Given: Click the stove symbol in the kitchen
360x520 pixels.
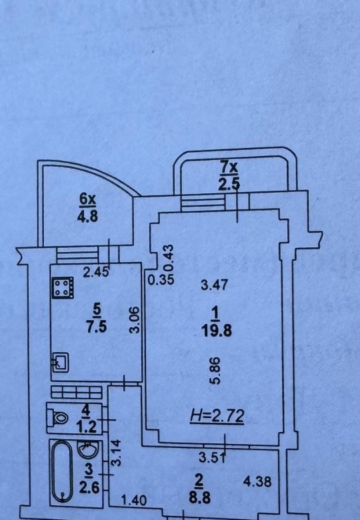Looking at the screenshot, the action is tap(63, 288).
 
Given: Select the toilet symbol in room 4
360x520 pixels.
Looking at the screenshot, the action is tap(57, 417).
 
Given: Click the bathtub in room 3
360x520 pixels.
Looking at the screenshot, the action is tap(62, 471).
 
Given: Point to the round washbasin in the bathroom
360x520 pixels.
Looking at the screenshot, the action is tap(88, 449).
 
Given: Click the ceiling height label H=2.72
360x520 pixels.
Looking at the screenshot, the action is tap(217, 415).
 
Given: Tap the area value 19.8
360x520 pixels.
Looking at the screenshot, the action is tap(217, 330).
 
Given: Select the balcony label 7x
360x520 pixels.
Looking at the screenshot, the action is tap(229, 169).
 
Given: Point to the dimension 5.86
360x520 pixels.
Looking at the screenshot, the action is tap(215, 371).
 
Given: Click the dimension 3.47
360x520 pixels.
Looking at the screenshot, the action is tap(215, 285).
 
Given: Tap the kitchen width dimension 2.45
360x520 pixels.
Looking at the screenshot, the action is tap(95, 272).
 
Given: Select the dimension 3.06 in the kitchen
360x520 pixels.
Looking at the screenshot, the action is tap(135, 320).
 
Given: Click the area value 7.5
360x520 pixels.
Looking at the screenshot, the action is tap(97, 327).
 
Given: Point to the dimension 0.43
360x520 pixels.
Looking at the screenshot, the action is tap(169, 258).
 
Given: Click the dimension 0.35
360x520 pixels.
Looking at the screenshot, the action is tap(161, 280).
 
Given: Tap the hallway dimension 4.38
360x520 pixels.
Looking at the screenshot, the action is tap(257, 481).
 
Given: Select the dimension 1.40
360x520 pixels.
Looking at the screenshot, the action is tap(134, 500).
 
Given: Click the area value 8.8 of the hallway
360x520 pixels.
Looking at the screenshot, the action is tap(199, 498).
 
